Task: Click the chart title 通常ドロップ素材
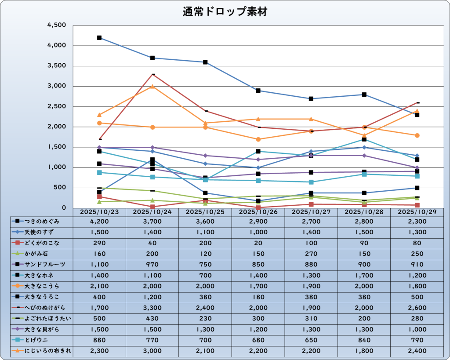point(225,12)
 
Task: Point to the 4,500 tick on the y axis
point(57,25)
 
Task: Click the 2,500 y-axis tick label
point(57,107)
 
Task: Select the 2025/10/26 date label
point(258,212)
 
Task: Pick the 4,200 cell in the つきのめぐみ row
point(99,221)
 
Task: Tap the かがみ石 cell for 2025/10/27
point(311,254)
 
